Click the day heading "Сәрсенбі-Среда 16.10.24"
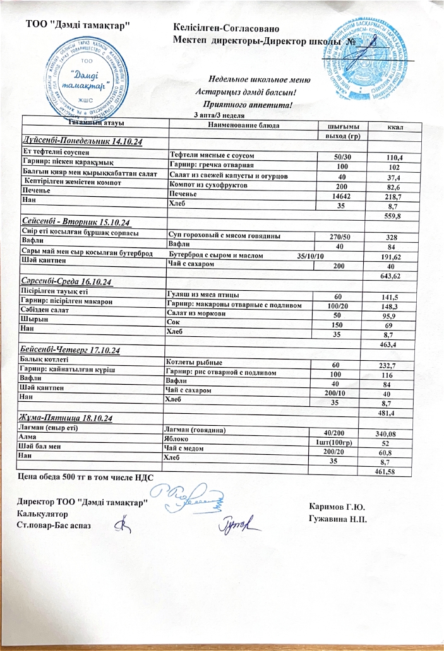pos(68,281)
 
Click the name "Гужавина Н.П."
pos(339,519)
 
